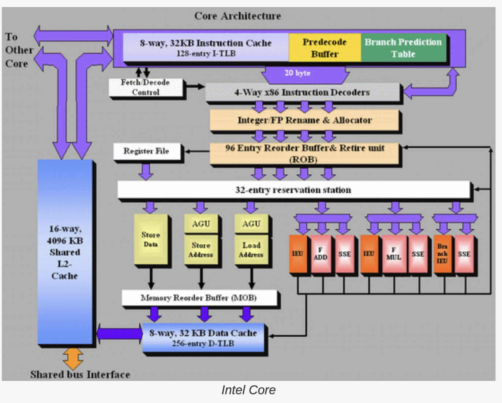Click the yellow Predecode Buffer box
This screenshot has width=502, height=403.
325,48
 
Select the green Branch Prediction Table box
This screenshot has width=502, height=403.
403,48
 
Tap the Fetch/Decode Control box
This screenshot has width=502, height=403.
145,88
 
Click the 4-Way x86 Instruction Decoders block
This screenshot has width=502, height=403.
302,92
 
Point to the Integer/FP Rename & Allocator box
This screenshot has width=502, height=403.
304,120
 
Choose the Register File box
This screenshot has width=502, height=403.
146,151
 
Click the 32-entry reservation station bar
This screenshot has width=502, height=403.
293,190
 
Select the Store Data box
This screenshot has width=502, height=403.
150,239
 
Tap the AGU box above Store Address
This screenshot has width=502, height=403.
201,224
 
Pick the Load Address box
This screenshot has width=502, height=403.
251,249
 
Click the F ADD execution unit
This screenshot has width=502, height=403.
321,254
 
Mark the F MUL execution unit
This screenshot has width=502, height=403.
394,254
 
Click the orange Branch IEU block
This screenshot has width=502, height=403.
442,254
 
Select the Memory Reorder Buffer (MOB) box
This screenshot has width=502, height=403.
199,298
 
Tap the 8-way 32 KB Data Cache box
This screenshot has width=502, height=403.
203,337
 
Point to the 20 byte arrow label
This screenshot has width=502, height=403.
297,73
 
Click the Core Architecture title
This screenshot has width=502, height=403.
237,16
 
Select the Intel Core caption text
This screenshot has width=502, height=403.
248,390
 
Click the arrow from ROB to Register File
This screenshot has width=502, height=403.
197,151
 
